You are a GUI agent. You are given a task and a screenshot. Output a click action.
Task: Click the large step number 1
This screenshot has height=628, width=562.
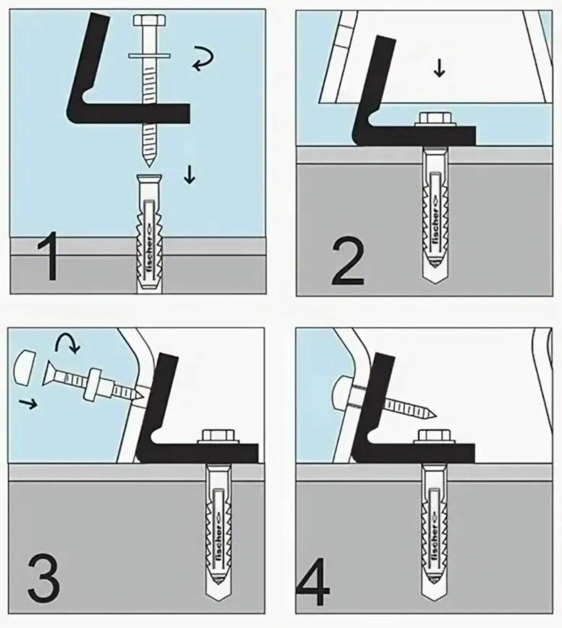(49, 256)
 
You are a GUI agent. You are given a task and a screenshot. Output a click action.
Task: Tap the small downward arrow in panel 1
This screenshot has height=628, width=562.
(189, 174)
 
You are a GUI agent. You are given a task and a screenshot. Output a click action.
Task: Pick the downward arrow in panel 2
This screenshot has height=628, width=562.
(438, 68)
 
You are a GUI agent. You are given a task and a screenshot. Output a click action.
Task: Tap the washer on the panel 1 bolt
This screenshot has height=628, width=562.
(150, 55)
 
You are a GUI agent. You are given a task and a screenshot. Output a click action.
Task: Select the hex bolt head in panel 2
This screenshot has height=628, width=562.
(435, 118)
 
